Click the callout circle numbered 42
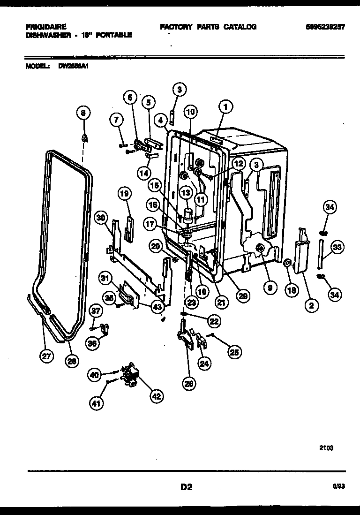pyautogui.click(x=157, y=396)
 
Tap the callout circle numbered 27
pyautogui.click(x=45, y=357)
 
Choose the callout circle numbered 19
pyautogui.click(x=125, y=193)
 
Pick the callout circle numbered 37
pyautogui.click(x=96, y=311)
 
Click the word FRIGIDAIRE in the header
pyautogui.click(x=46, y=27)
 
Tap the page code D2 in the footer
pyautogui.click(x=186, y=487)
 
